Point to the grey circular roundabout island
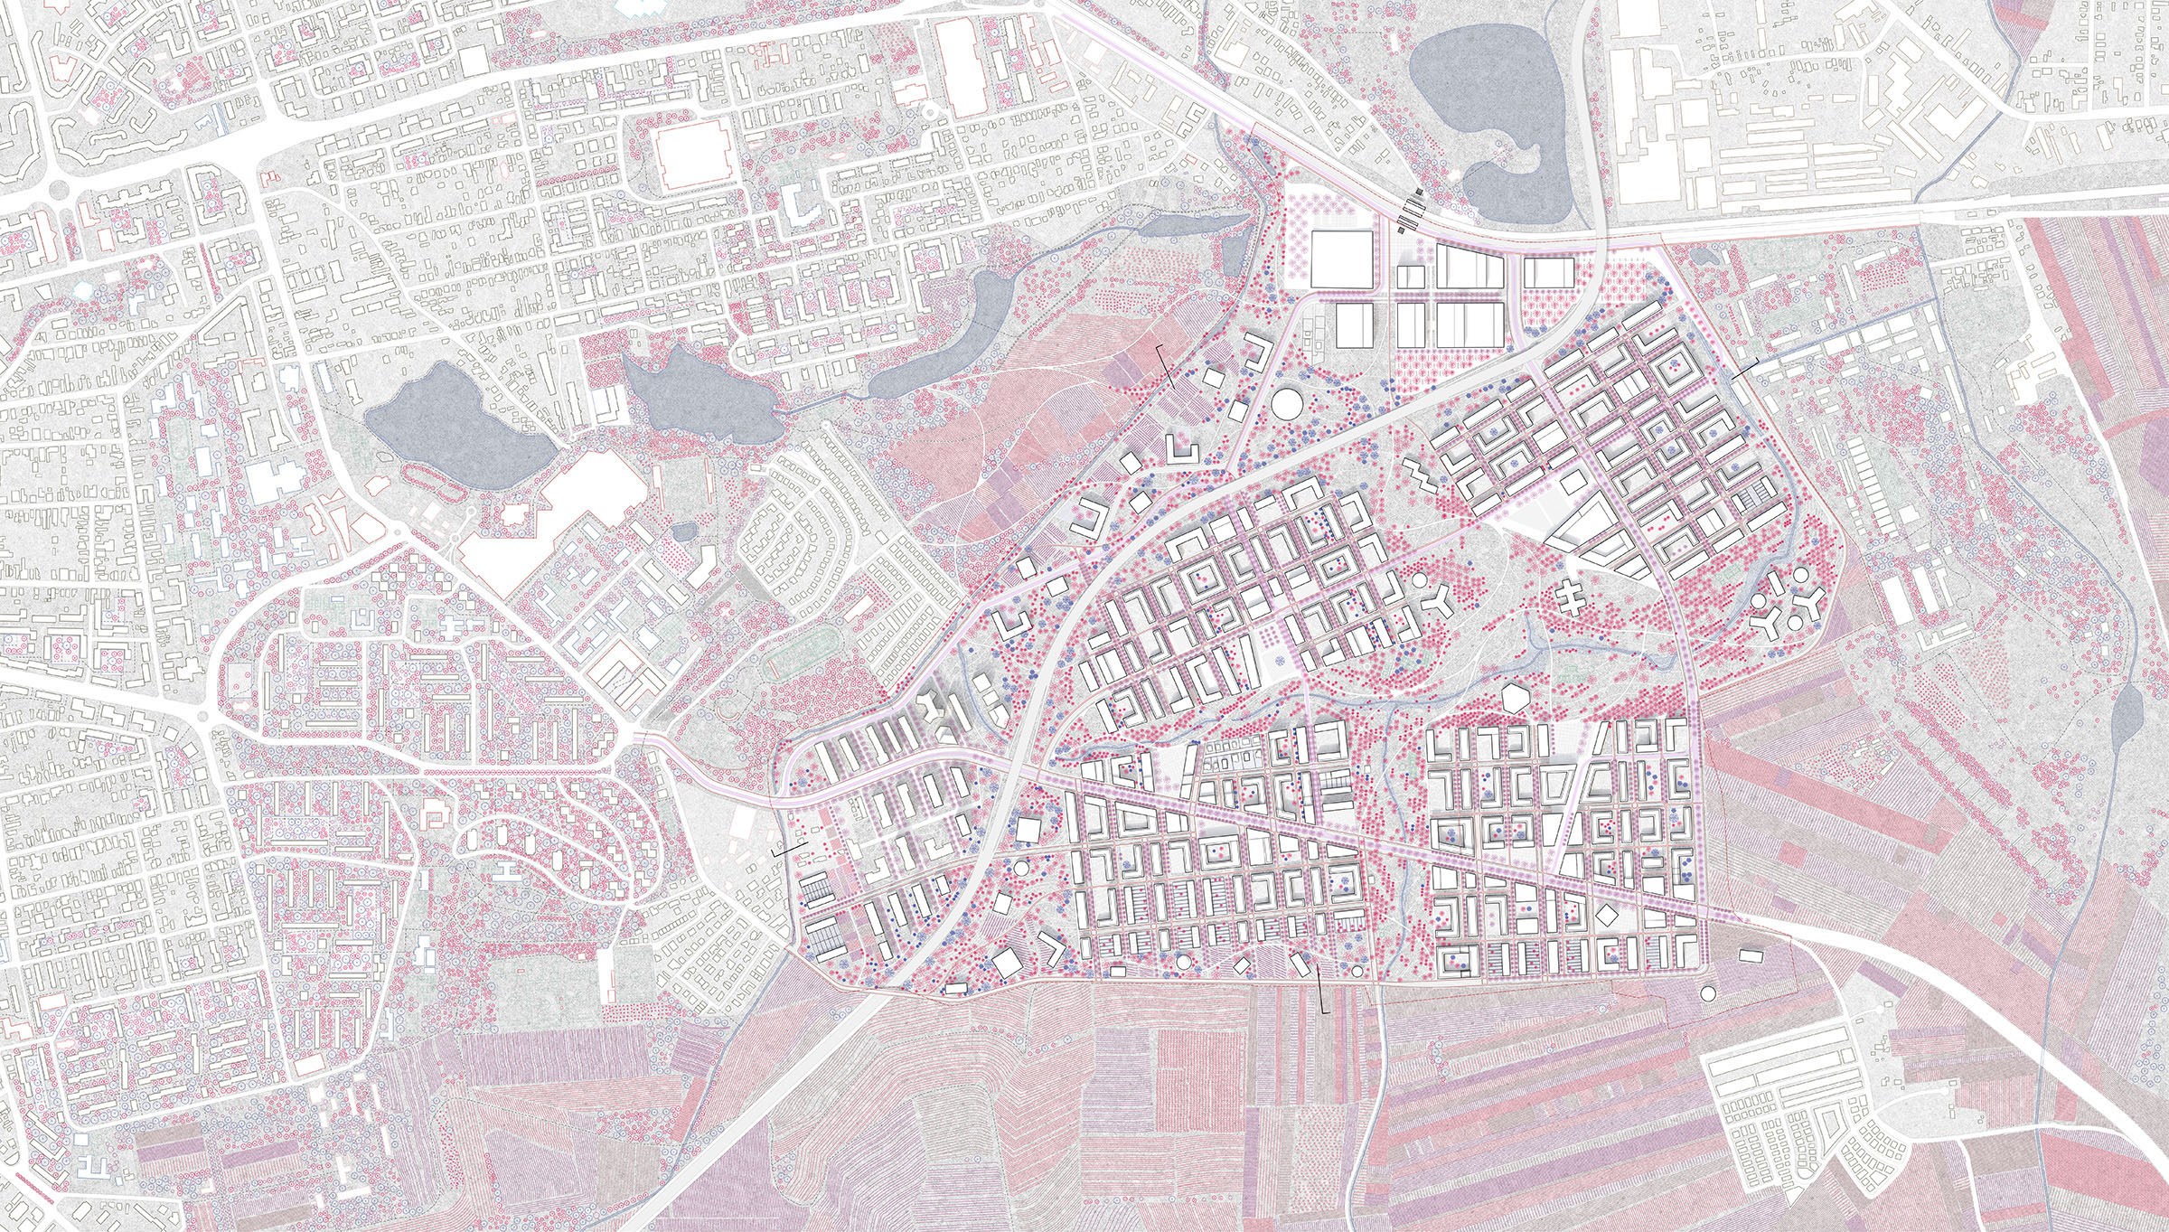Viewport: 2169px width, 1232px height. (60, 190)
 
